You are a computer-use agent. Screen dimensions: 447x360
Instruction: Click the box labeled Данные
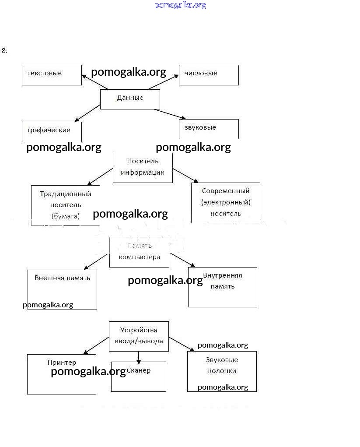click(130, 99)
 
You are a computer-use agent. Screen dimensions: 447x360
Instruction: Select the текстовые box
click(52, 75)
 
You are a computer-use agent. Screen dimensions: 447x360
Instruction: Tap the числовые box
click(209, 75)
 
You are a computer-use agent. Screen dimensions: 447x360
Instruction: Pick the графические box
click(52, 131)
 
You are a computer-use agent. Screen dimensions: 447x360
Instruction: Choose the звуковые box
click(209, 129)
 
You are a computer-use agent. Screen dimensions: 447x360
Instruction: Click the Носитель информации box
click(143, 167)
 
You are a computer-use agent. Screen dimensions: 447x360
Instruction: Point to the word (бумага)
click(66, 216)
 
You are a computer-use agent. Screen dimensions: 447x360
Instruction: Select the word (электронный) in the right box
click(226, 202)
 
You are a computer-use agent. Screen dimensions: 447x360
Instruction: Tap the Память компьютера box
click(139, 252)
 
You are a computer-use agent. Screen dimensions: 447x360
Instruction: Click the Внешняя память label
click(63, 278)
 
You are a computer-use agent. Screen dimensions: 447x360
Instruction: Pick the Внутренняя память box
click(222, 287)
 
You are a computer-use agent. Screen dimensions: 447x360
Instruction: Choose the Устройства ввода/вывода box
click(139, 336)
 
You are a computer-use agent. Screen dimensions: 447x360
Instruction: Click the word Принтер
click(62, 363)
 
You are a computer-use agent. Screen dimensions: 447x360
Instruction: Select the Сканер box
click(139, 377)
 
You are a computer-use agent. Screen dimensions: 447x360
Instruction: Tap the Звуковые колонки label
click(222, 365)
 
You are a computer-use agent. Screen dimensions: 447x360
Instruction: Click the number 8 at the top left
click(4, 50)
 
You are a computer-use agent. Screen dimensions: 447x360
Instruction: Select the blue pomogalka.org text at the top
click(180, 5)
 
